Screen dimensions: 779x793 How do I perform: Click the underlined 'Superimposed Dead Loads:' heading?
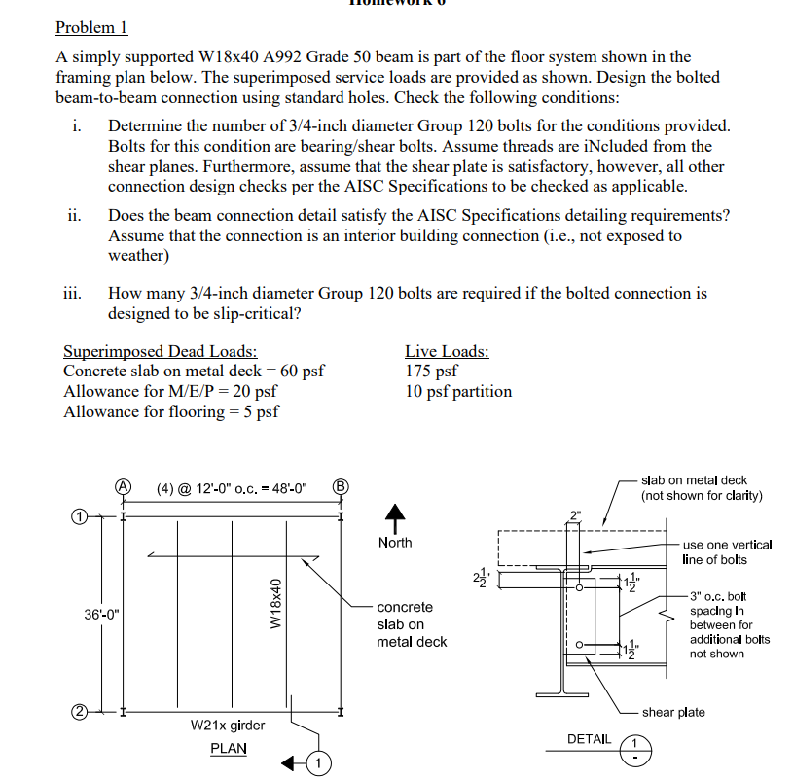(x=160, y=351)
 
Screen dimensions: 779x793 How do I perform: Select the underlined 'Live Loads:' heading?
(x=447, y=351)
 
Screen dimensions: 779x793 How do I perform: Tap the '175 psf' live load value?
(x=431, y=371)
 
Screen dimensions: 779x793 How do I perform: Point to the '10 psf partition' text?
(x=457, y=391)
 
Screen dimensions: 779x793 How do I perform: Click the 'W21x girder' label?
(x=228, y=726)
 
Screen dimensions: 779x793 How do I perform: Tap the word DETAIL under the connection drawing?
(x=589, y=739)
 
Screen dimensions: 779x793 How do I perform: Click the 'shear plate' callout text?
(x=673, y=712)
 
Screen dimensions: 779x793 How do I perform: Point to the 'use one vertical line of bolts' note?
(x=727, y=551)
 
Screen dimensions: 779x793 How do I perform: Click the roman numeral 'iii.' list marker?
(x=75, y=292)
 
